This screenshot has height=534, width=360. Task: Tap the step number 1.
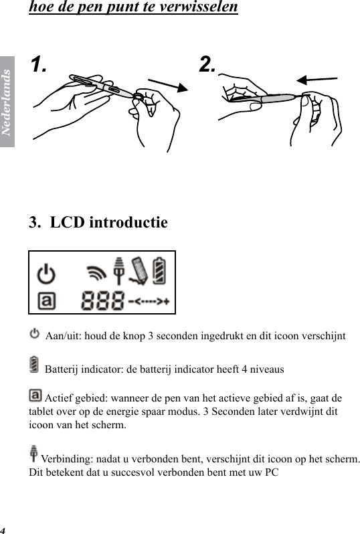click(39, 65)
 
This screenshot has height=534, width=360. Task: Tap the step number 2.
click(208, 64)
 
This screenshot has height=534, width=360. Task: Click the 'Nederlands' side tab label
click(7, 100)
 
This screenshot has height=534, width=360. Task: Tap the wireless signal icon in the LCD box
click(98, 273)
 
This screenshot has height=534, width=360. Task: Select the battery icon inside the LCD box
click(161, 271)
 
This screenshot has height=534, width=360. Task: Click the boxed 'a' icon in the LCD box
click(46, 302)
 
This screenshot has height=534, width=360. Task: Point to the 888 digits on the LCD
click(102, 301)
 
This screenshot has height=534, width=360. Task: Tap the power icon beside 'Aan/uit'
click(35, 333)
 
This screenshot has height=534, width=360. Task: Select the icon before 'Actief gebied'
click(35, 395)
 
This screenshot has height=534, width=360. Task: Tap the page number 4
click(3, 529)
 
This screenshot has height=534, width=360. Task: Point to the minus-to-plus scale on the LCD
click(149, 301)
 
